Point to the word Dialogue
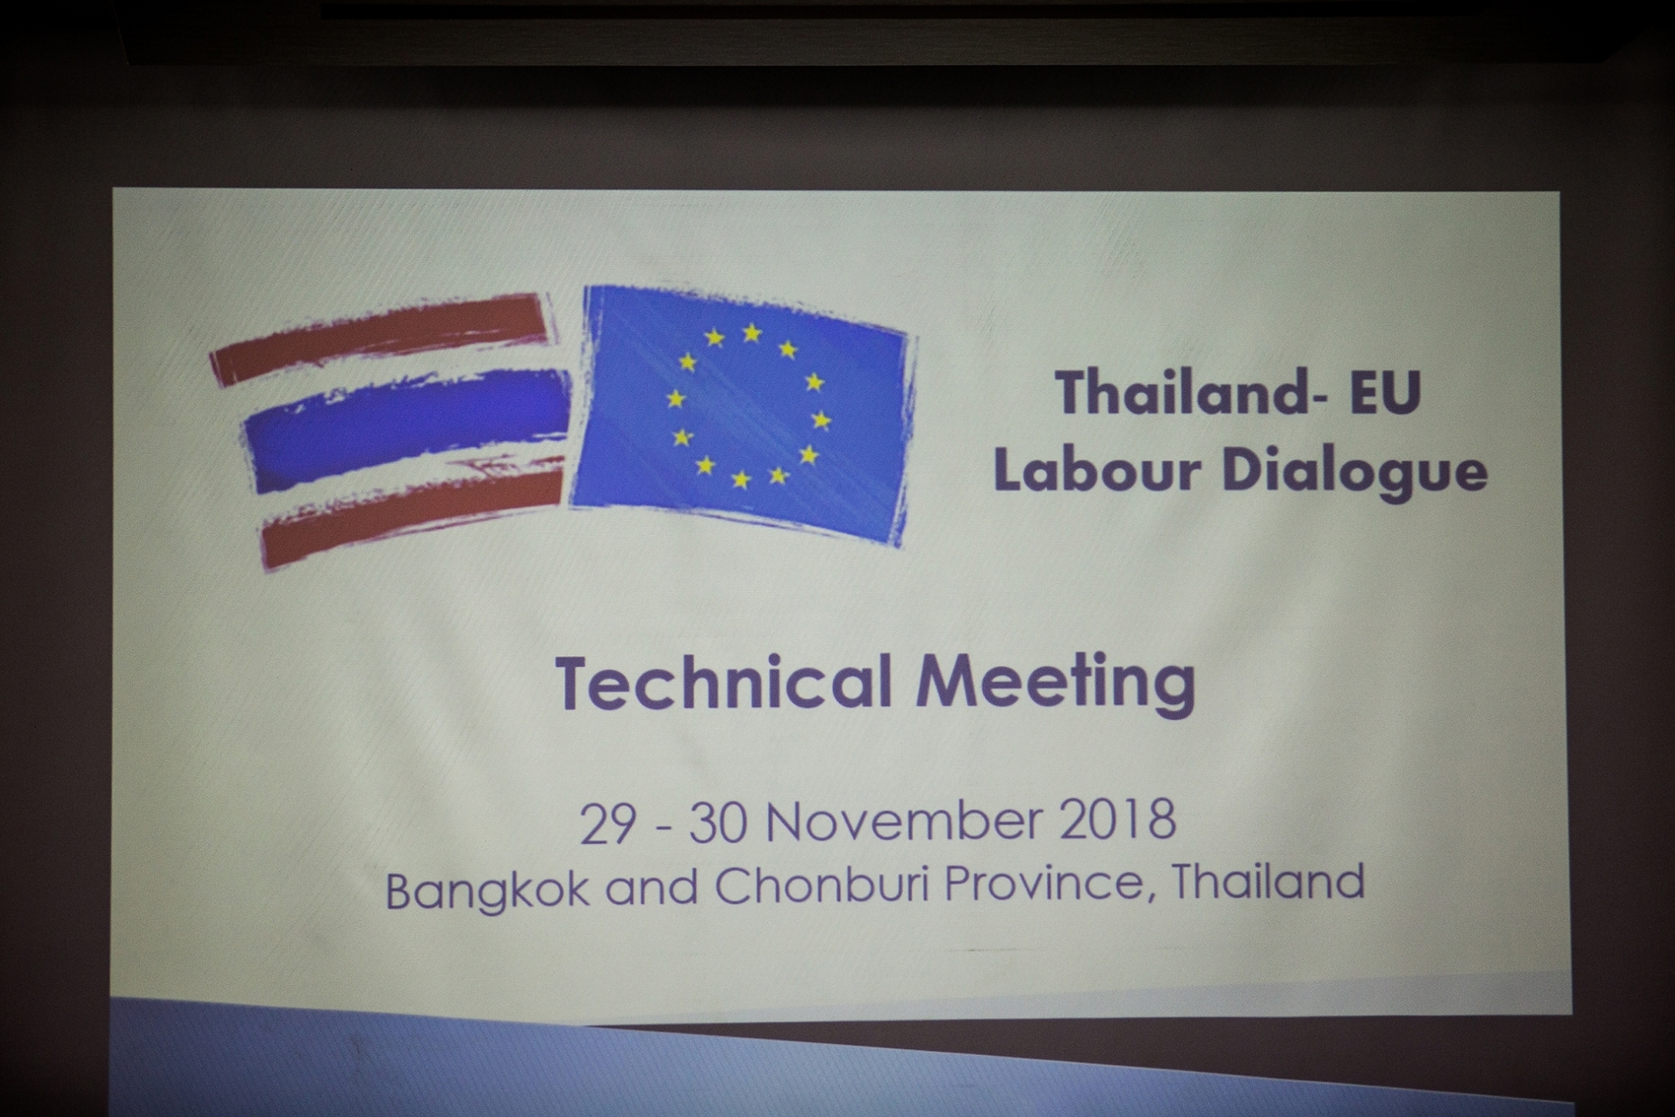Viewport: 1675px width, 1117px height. (x=1355, y=472)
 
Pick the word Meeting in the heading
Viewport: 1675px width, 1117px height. (x=1055, y=684)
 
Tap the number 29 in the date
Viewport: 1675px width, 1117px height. (x=607, y=823)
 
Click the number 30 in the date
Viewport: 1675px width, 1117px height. (x=718, y=822)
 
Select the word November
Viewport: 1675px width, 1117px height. (x=904, y=821)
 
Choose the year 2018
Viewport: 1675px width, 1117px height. (x=1118, y=819)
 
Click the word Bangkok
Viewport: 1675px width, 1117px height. (x=487, y=889)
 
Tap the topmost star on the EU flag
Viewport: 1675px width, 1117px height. (x=752, y=332)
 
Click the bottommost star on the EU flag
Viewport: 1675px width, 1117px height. (x=741, y=480)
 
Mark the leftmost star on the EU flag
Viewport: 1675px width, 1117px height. (x=676, y=398)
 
